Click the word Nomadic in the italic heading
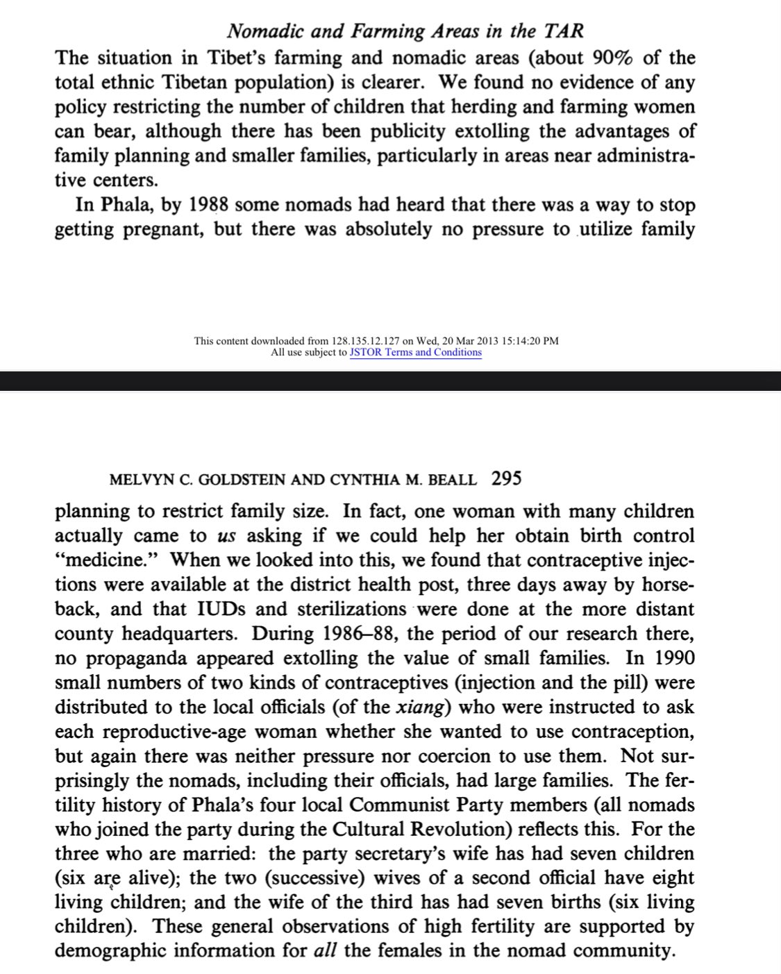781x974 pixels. coord(264,31)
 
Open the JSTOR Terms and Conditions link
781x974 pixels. coord(415,352)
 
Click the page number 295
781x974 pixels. coord(505,478)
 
